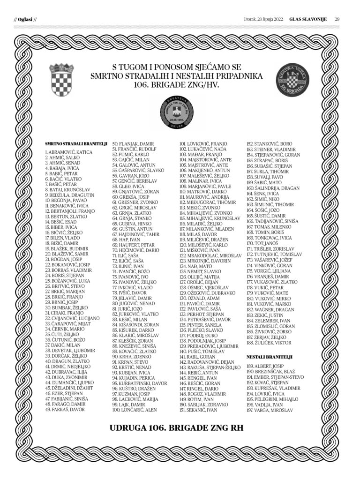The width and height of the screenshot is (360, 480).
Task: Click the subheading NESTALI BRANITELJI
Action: (x=270, y=357)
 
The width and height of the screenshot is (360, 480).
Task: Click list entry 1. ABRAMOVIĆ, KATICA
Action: (x=68, y=153)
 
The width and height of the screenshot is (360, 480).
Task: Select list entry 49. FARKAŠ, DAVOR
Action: (x=65, y=409)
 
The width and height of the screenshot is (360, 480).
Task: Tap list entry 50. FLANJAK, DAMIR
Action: (x=134, y=143)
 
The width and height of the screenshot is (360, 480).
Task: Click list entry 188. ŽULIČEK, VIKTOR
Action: (x=269, y=343)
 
